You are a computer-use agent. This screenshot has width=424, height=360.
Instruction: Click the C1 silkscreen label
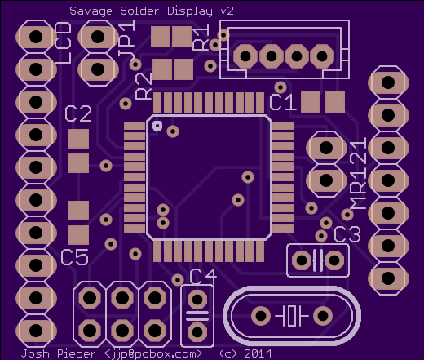coord(283,102)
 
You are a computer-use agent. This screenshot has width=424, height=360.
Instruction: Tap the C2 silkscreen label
coord(78,113)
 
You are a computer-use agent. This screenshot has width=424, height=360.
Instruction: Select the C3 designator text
coord(347,234)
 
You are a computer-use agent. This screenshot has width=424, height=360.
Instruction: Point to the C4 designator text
coord(203,277)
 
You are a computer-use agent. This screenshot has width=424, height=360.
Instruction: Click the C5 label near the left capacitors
coord(74,257)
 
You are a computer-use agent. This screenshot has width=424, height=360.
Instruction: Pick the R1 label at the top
coord(201,37)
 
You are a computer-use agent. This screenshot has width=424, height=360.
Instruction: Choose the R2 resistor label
coord(144,86)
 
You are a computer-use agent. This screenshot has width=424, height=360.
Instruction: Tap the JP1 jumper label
coord(126,38)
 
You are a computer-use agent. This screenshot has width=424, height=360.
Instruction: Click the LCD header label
coord(64,43)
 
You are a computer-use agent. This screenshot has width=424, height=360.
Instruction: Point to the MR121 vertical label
coord(359,173)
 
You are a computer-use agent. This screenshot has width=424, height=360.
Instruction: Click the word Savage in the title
coord(91,11)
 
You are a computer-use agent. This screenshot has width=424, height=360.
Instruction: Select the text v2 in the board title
coord(227,11)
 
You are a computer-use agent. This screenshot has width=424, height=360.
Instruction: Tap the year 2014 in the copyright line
coord(258,353)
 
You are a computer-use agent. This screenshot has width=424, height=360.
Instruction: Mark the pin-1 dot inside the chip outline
coord(157,126)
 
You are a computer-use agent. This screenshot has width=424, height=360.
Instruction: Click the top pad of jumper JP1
coord(98,37)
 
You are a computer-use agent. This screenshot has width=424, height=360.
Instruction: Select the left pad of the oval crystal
coord(261,316)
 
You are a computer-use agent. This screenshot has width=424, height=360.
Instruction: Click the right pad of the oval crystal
coord(323,316)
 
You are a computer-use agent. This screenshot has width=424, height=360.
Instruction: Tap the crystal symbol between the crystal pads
coord(292,316)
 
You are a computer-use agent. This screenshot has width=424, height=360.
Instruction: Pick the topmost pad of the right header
coord(388,82)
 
